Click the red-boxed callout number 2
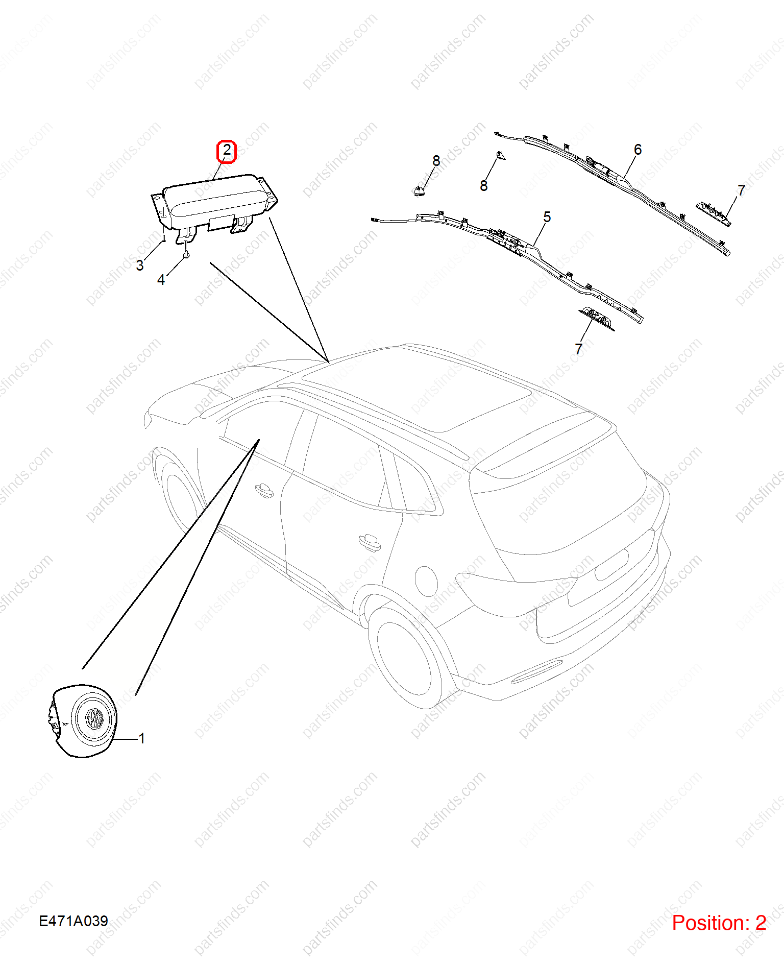tap(227, 151)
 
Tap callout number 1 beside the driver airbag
tap(142, 738)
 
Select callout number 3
tap(140, 265)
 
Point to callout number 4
tap(161, 280)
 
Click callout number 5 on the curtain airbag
tap(547, 217)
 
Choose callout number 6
tap(638, 150)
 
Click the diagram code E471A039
tap(73, 921)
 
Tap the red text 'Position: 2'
tap(719, 923)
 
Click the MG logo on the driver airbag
tap(94, 718)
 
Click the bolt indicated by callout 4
tap(186, 253)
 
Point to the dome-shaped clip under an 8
tap(419, 191)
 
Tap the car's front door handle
tap(264, 490)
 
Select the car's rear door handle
tap(370, 541)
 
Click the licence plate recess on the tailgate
tap(611, 564)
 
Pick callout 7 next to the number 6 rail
tap(742, 190)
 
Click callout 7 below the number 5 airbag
tap(579, 349)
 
